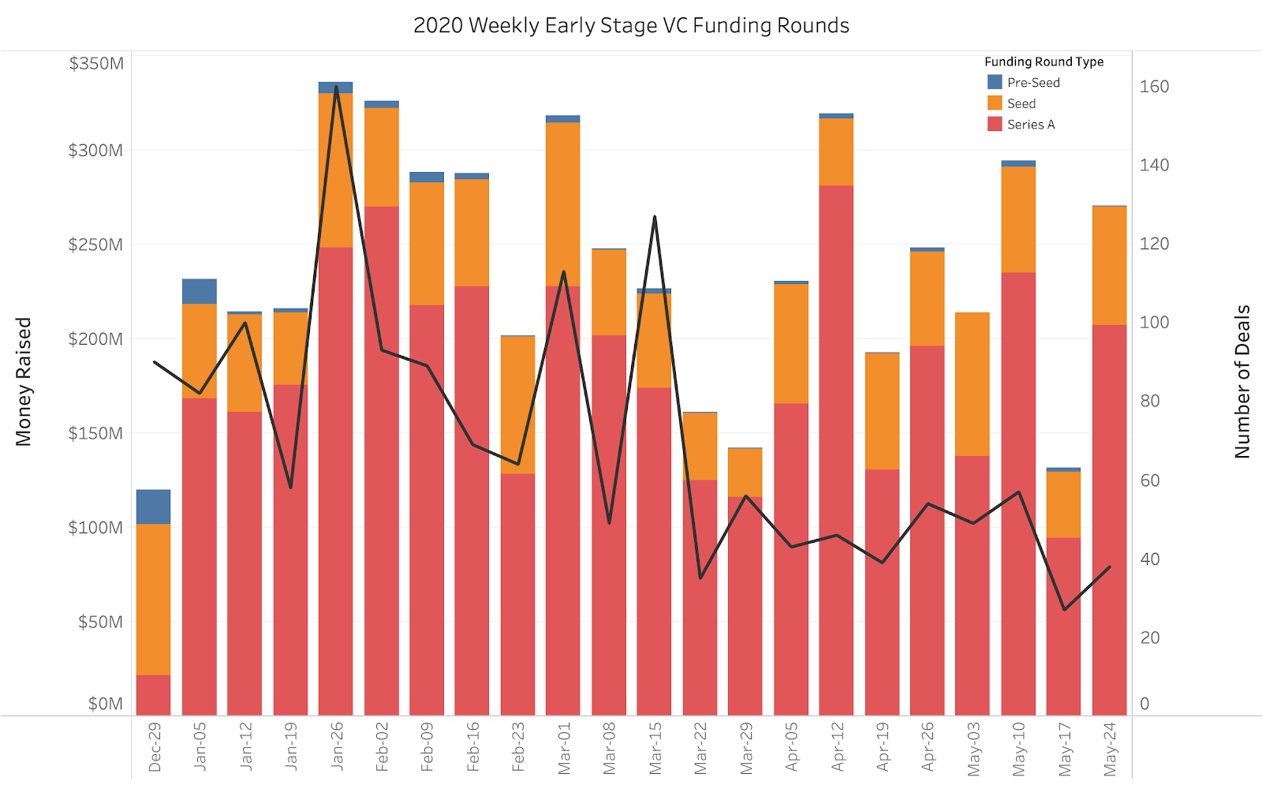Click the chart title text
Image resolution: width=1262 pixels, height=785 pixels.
[x=631, y=25]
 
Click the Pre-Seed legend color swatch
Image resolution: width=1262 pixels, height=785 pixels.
[x=995, y=82]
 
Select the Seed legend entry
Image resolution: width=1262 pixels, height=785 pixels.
[x=1021, y=103]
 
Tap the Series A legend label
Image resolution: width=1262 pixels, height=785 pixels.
[x=1030, y=125]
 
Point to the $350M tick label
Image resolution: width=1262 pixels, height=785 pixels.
[x=96, y=63]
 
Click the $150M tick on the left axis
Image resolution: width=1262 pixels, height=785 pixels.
[x=96, y=433]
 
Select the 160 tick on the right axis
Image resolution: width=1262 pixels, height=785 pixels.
[x=1154, y=87]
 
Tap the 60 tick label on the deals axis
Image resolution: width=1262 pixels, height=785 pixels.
[x=1150, y=480]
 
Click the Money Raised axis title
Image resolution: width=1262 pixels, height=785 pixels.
[x=24, y=382]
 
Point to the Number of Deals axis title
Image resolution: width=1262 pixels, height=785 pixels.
[x=1242, y=382]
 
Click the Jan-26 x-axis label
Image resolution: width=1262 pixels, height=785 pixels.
[x=337, y=746]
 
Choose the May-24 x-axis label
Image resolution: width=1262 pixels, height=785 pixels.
[x=1110, y=749]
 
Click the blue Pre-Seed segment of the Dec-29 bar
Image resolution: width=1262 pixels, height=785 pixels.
[x=153, y=507]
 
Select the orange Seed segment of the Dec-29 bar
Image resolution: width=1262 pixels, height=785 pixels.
[x=153, y=599]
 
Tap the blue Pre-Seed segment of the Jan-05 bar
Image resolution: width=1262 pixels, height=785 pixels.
[x=199, y=291]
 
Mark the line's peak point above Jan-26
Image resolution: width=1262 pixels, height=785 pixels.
[x=337, y=87]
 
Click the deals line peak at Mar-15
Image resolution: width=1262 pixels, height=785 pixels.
[x=655, y=217]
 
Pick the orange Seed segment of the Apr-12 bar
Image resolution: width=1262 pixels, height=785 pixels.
[x=836, y=151]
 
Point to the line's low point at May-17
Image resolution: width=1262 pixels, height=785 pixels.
[x=1064, y=609]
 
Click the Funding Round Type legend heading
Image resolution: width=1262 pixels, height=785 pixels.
[x=1044, y=62]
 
